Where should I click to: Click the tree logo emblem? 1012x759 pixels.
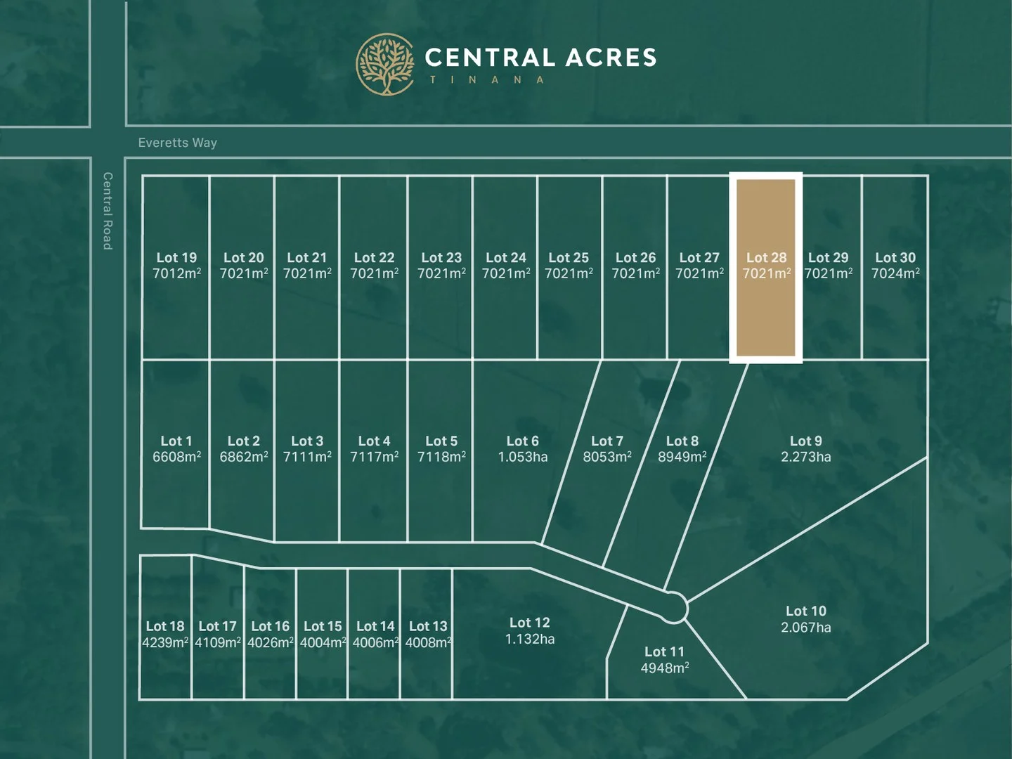tap(385, 65)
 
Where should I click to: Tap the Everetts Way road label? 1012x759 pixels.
tap(178, 143)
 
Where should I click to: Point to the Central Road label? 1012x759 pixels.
tap(108, 211)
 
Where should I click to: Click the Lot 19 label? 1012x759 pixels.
tap(176, 258)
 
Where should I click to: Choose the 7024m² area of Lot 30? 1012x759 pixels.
tap(895, 273)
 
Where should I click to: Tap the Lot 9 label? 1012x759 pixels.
tap(805, 441)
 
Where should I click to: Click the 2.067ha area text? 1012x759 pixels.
tap(805, 628)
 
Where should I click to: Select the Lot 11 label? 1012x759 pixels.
tap(664, 651)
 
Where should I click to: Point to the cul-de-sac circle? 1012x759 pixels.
tap(673, 607)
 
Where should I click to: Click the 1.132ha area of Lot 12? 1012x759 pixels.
tap(529, 639)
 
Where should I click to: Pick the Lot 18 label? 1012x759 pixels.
tap(165, 626)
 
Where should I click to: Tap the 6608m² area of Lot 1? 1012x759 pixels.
tap(176, 457)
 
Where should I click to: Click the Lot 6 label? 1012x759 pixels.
tap(522, 441)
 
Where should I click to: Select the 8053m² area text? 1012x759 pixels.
tap(606, 457)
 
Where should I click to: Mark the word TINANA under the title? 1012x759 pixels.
tap(486, 80)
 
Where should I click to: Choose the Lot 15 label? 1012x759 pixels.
tap(323, 626)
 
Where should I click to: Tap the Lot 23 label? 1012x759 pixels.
tap(441, 258)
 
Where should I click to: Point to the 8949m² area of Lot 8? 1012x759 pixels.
tap(682, 457)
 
